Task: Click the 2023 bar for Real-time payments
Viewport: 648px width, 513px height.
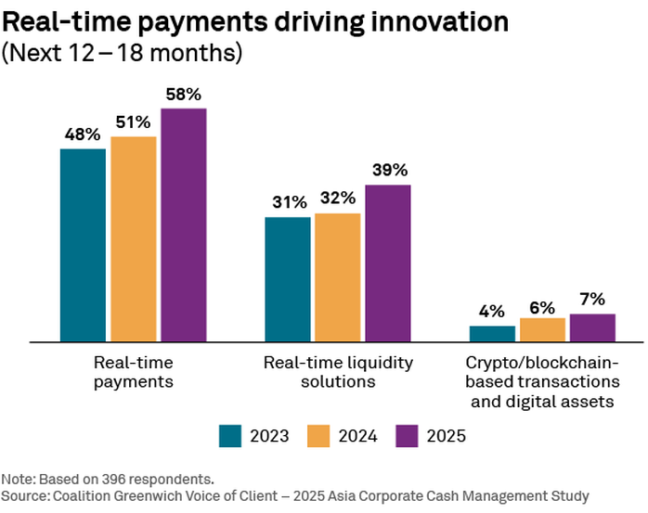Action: [83, 245]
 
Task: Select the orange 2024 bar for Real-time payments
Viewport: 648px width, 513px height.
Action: [133, 239]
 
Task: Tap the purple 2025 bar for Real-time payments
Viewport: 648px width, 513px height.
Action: [183, 225]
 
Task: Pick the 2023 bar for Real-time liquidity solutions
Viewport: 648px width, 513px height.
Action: [287, 279]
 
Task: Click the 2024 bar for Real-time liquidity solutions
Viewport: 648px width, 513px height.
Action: [337, 277]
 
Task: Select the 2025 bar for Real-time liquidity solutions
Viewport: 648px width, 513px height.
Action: [387, 263]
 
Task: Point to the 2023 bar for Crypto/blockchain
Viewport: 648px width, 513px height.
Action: [491, 334]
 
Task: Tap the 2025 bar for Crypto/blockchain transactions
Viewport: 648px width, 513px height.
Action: [591, 328]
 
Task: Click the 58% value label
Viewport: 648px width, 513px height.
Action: [183, 94]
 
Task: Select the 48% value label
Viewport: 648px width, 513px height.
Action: [83, 134]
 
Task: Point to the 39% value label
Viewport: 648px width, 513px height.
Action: [387, 170]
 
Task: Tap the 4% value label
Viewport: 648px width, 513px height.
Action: [491, 311]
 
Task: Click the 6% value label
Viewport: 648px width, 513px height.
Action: [541, 303]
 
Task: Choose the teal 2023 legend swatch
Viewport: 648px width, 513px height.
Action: [230, 436]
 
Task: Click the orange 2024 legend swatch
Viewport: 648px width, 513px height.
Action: [318, 436]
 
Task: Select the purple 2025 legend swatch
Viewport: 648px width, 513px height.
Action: [407, 436]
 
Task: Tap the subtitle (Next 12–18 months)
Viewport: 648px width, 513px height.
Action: [123, 53]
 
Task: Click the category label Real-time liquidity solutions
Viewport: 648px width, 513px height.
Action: [338, 371]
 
